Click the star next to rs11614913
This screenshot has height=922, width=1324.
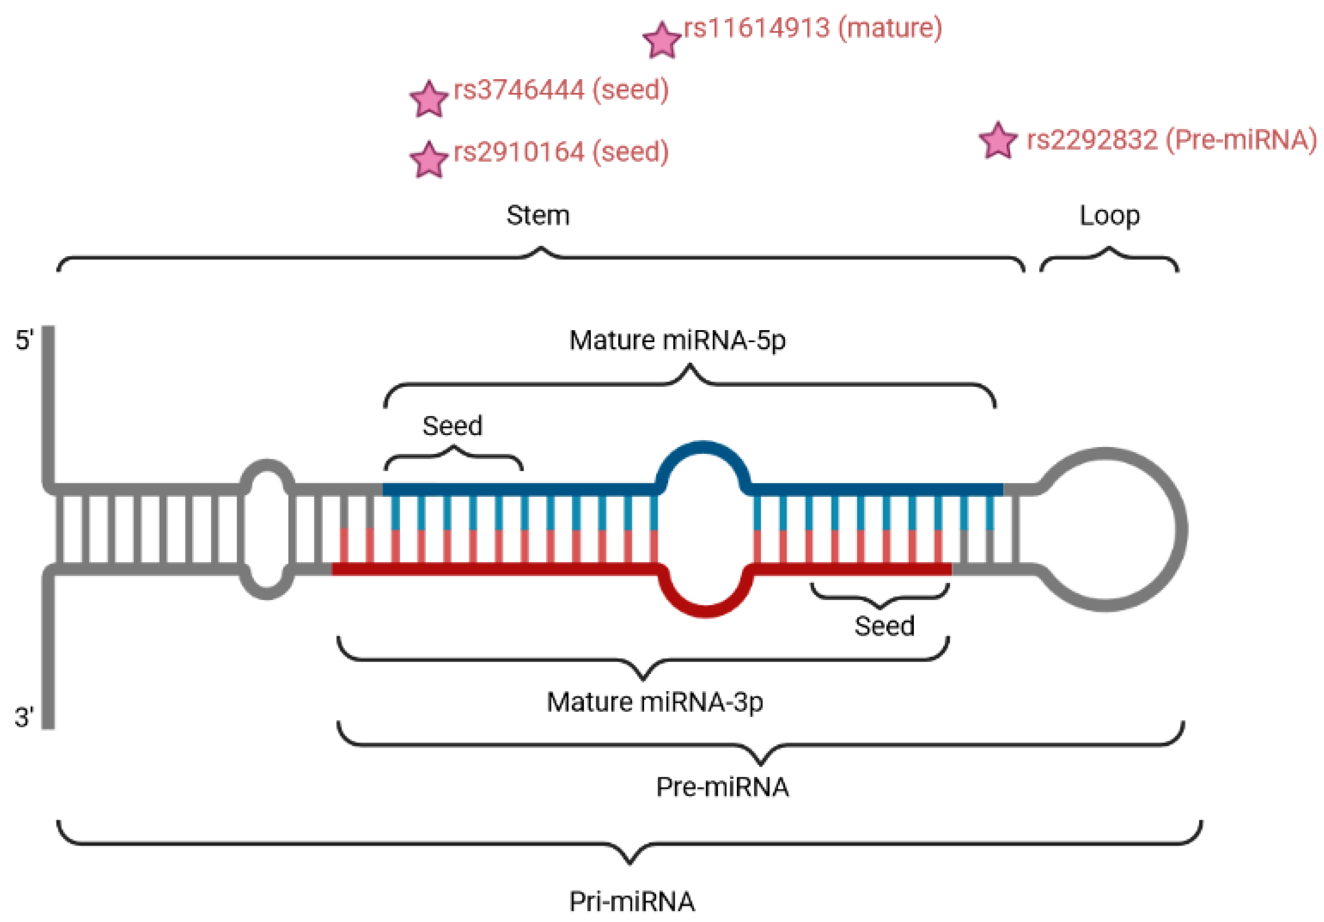[662, 40]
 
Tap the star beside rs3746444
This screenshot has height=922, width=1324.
[429, 100]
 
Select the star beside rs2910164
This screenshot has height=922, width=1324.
[429, 160]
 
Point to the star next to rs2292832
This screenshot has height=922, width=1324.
[998, 141]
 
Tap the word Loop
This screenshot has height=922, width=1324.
[1109, 216]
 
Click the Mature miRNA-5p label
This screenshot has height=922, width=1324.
[677, 340]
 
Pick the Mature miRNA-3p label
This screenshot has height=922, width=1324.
[655, 702]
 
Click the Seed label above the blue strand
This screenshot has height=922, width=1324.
[452, 426]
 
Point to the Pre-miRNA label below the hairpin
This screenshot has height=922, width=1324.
[722, 787]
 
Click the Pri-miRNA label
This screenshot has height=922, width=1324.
[631, 902]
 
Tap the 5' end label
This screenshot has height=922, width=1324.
[24, 340]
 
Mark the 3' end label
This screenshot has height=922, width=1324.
[24, 718]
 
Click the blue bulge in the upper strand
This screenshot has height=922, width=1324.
[703, 448]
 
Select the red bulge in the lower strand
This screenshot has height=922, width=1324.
[705, 611]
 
